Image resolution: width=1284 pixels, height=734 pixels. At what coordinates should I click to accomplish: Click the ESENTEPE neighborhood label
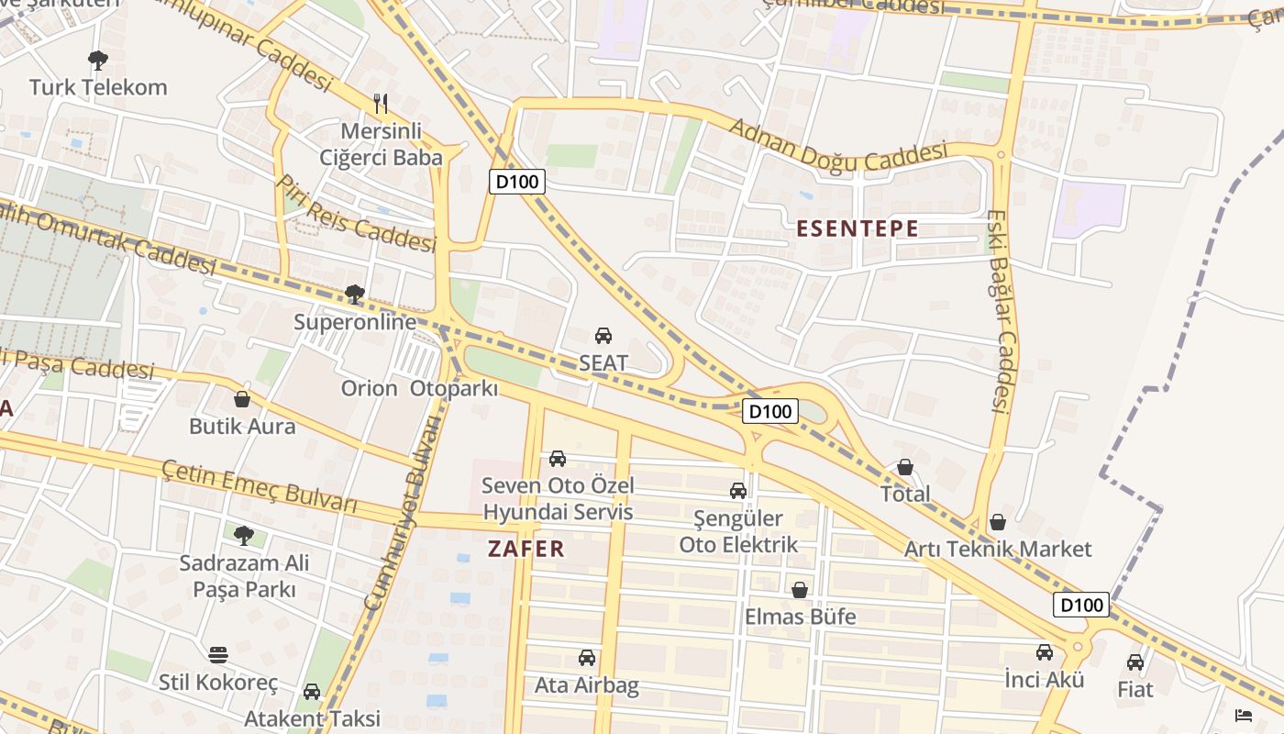pyautogui.click(x=857, y=228)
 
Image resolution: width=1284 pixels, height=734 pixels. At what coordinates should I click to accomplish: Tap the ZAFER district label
pyautogui.click(x=526, y=549)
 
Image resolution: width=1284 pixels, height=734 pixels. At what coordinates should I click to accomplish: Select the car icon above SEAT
pyautogui.click(x=603, y=336)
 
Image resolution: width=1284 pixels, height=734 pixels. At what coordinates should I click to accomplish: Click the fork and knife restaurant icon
pyautogui.click(x=382, y=103)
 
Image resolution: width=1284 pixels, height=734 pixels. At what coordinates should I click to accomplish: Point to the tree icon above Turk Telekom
pyautogui.click(x=98, y=61)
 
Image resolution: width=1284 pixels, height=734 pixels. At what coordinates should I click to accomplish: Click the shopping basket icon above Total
pyautogui.click(x=905, y=467)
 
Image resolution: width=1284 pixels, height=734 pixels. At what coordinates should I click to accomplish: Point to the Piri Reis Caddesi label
pyautogui.click(x=356, y=214)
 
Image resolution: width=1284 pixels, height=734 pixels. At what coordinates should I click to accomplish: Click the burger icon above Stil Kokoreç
pyautogui.click(x=217, y=655)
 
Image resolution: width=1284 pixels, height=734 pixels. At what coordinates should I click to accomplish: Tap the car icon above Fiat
pyautogui.click(x=1135, y=662)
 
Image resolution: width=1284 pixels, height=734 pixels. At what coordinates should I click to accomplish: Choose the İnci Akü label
pyautogui.click(x=1044, y=680)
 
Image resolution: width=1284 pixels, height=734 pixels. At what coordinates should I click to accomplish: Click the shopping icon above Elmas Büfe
pyautogui.click(x=800, y=590)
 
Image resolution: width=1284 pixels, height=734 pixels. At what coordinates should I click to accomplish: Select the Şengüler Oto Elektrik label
pyautogui.click(x=738, y=532)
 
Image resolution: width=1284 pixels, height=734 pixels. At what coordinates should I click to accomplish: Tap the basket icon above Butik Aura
pyautogui.click(x=242, y=399)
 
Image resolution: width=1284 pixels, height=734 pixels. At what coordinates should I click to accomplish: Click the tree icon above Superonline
pyautogui.click(x=355, y=295)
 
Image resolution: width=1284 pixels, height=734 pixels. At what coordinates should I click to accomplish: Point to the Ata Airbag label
pyautogui.click(x=587, y=685)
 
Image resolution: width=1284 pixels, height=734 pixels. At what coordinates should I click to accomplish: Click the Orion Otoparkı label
pyautogui.click(x=419, y=388)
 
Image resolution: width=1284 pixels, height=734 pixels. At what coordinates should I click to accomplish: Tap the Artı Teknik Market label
pyautogui.click(x=998, y=549)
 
